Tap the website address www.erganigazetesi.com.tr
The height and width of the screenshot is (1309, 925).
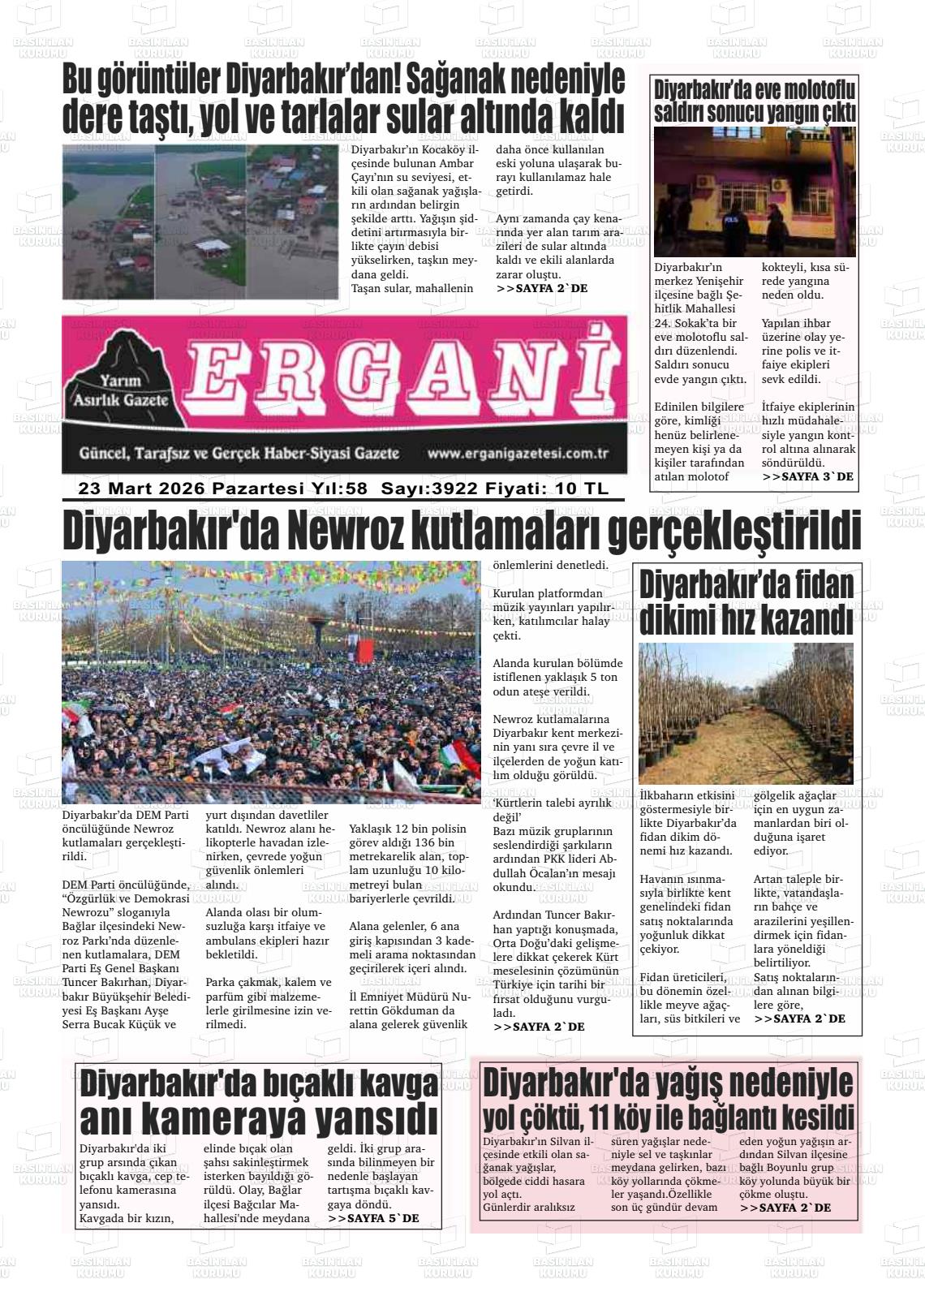point(518,454)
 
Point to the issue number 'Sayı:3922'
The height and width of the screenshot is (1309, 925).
point(429,489)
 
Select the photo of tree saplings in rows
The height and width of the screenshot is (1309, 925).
point(745,713)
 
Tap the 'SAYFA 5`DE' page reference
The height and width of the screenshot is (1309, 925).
point(373,1218)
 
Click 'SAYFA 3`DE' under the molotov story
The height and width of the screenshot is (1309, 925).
point(807,477)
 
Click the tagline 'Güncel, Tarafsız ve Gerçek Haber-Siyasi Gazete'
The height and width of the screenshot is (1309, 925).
point(239,454)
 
